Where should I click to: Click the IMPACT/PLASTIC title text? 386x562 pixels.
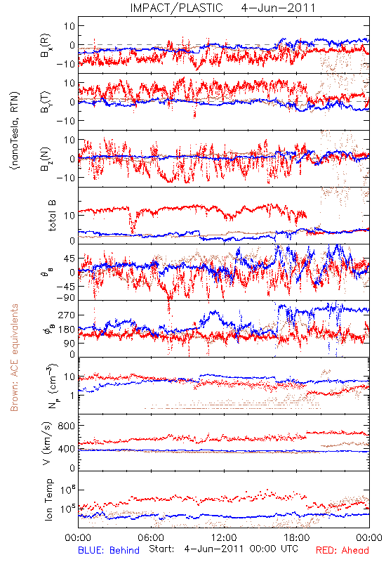pyautogui.click(x=176, y=8)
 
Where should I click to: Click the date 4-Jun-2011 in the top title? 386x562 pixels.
pyautogui.click(x=278, y=8)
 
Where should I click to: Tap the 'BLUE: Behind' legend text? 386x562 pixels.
pyautogui.click(x=109, y=550)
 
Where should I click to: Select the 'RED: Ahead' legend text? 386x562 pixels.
pyautogui.click(x=342, y=550)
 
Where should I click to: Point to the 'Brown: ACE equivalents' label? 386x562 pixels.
pyautogui.click(x=14, y=358)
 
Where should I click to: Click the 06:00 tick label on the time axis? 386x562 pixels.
pyautogui.click(x=151, y=537)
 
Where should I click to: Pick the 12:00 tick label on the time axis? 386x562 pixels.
pyautogui.click(x=224, y=537)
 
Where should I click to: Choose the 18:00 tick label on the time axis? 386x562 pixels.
pyautogui.click(x=297, y=537)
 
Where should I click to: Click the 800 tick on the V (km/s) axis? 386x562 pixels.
pyautogui.click(x=66, y=426)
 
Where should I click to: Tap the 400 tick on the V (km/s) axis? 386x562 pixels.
pyautogui.click(x=66, y=449)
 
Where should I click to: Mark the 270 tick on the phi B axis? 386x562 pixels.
pyautogui.click(x=66, y=315)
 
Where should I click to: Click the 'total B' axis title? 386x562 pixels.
pyautogui.click(x=51, y=216)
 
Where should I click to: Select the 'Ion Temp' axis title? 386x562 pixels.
pyautogui.click(x=48, y=499)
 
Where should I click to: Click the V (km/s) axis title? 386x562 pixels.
pyautogui.click(x=47, y=443)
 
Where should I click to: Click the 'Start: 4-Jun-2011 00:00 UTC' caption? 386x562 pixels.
pyautogui.click(x=223, y=549)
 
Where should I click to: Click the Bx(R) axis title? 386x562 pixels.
pyautogui.click(x=46, y=46)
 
